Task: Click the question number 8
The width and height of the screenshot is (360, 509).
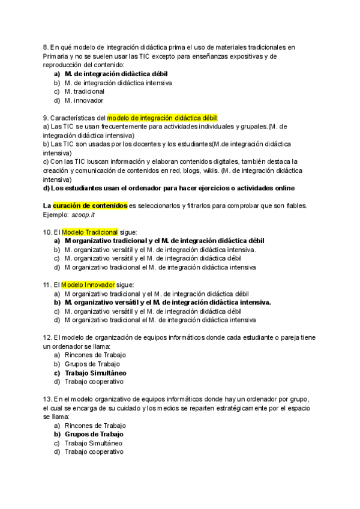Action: (x=46, y=47)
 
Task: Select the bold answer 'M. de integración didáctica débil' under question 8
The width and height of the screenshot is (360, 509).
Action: (x=108, y=74)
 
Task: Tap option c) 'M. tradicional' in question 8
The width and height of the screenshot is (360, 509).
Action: (x=85, y=91)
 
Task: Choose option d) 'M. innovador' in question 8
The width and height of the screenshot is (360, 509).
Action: (x=84, y=100)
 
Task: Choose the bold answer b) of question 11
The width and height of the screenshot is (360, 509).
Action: (x=167, y=303)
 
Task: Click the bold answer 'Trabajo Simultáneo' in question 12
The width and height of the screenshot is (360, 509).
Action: (x=95, y=372)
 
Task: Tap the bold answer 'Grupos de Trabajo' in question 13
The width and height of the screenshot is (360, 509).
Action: (x=94, y=434)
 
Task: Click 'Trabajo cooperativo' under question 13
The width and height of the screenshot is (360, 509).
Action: (x=94, y=451)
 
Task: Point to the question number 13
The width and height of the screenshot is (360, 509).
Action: (x=47, y=399)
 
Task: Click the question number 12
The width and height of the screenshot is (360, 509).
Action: (x=47, y=337)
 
